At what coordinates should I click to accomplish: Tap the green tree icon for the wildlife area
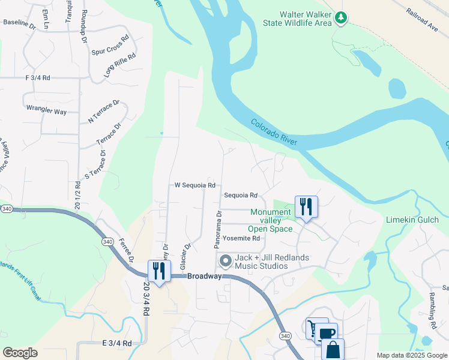(341, 18)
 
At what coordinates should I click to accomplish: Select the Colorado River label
(274, 131)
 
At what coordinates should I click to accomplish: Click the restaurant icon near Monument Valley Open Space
(306, 207)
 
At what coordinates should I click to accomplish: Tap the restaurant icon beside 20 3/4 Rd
(159, 271)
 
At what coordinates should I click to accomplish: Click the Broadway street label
(204, 276)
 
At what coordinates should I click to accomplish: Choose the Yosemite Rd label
(241, 238)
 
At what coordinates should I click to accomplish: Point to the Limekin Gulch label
(412, 220)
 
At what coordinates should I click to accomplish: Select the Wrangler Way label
(46, 111)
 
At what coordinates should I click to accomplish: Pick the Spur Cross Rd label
(110, 45)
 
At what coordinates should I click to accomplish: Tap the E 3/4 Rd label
(116, 343)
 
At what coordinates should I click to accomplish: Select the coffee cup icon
(327, 334)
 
